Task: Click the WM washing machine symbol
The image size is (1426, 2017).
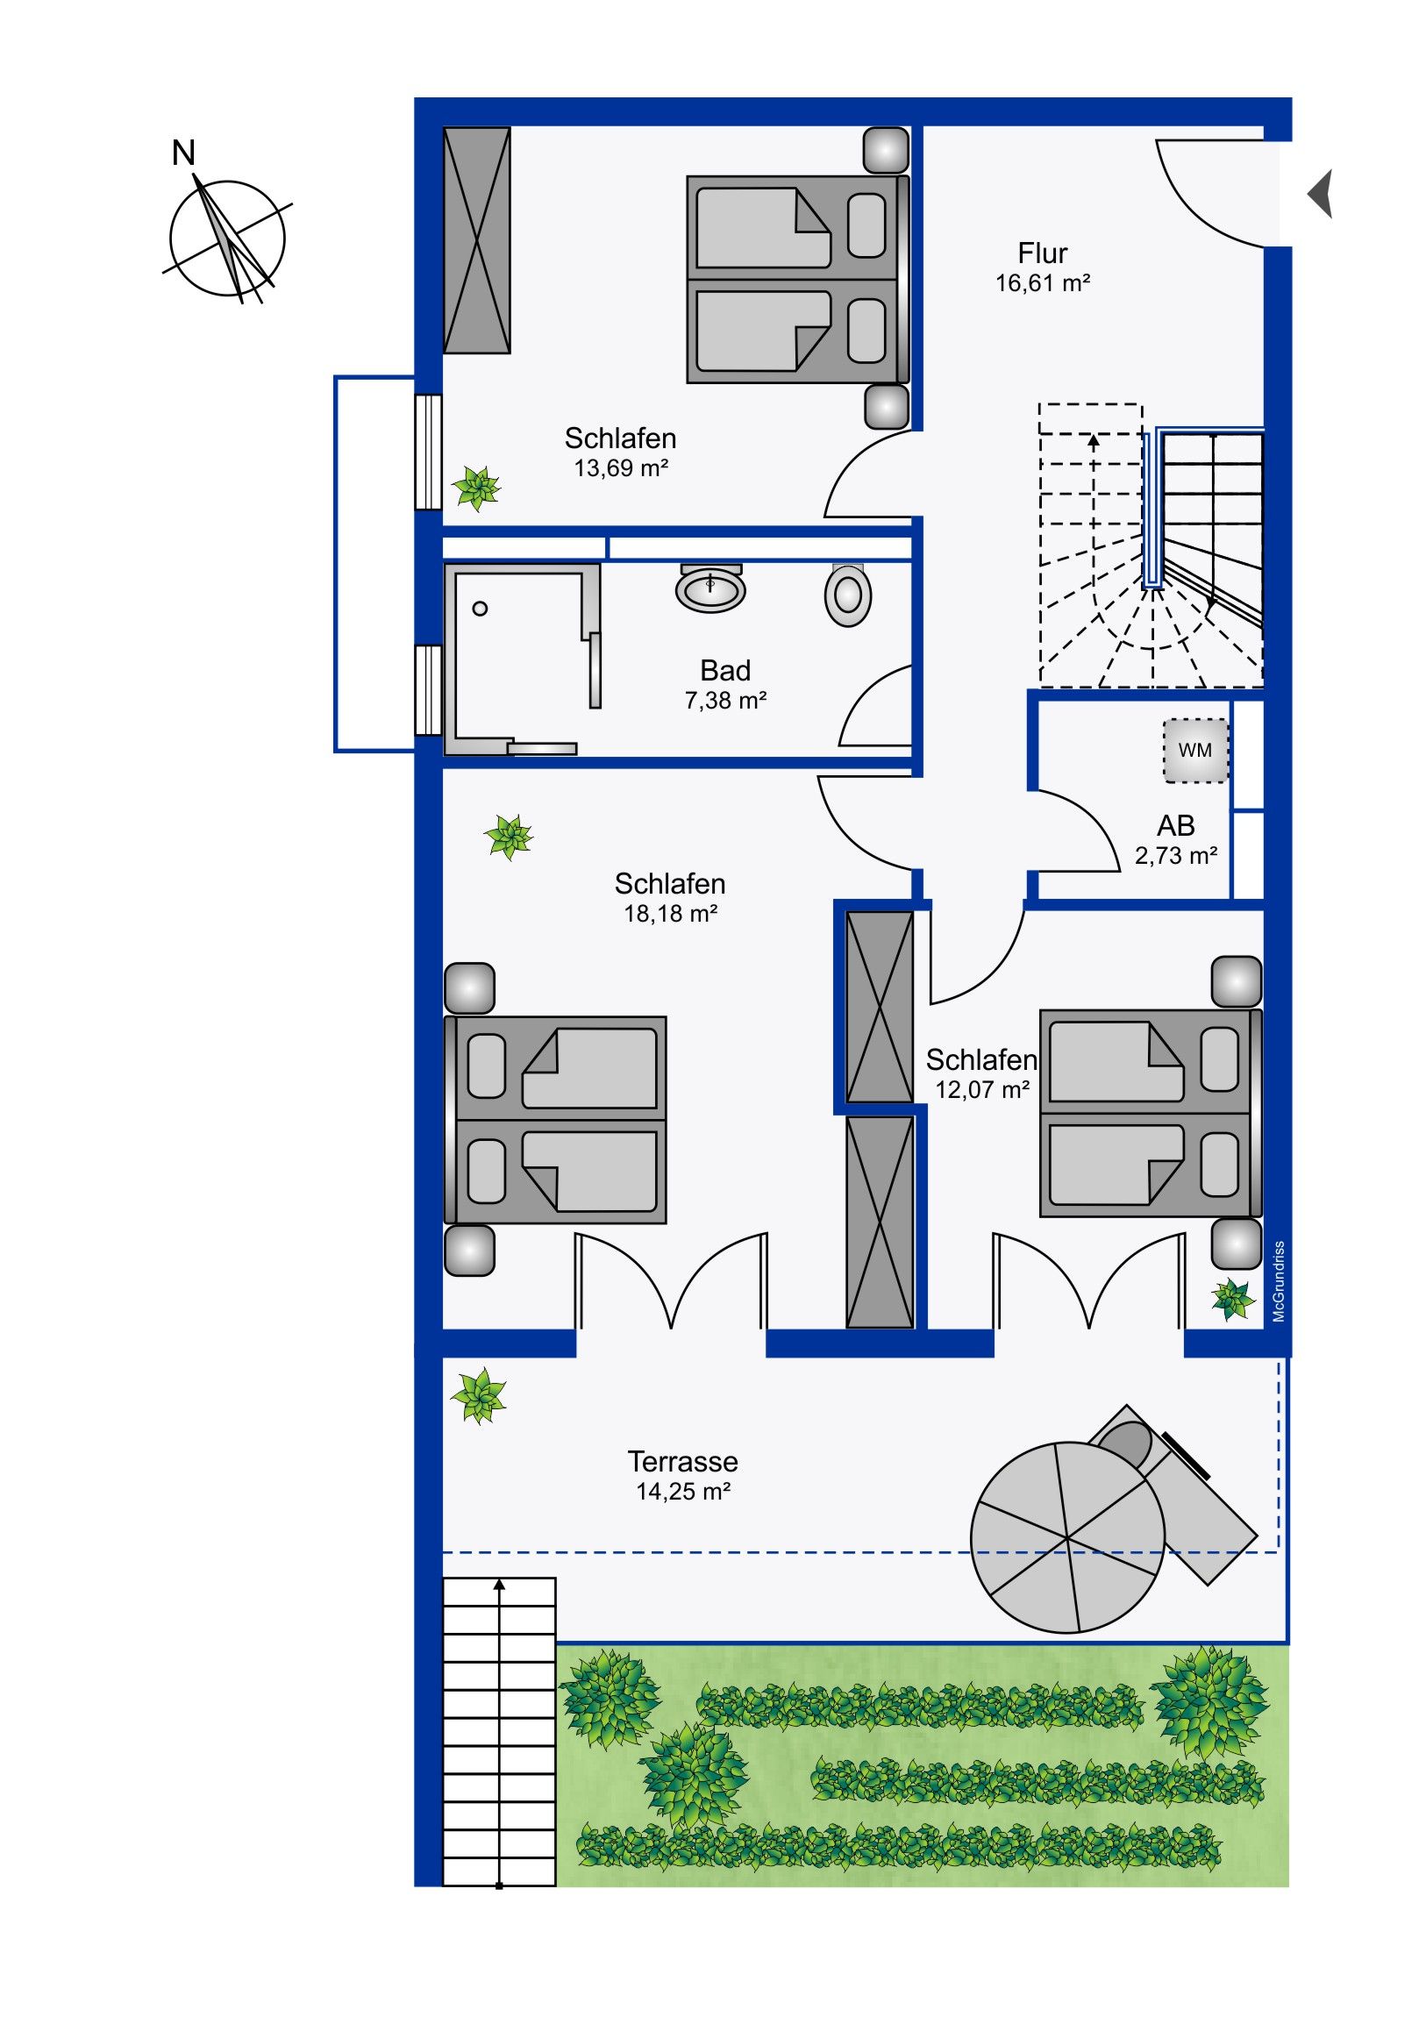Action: [1195, 750]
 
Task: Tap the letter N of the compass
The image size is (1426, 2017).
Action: [183, 153]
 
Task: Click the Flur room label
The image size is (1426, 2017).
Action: [1042, 253]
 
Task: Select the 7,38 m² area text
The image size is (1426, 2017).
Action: [725, 700]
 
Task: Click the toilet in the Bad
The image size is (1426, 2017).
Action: [848, 594]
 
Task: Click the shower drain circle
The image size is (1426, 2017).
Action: [480, 609]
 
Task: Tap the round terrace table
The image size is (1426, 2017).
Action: [1067, 1537]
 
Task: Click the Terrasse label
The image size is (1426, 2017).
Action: [682, 1462]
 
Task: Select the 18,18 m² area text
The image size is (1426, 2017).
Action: [670, 914]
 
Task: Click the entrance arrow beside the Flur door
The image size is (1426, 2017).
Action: [1320, 193]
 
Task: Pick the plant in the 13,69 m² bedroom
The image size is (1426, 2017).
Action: [476, 488]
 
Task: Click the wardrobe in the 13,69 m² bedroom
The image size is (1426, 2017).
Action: [477, 239]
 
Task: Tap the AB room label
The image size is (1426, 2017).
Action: [1175, 826]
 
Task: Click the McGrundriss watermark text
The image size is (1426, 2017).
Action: [1279, 1281]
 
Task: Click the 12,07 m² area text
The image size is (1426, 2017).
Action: [981, 1090]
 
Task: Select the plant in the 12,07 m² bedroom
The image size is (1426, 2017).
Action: [1233, 1301]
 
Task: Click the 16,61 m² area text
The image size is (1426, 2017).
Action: [1042, 283]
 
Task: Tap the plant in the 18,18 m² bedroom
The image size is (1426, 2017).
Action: [509, 837]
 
